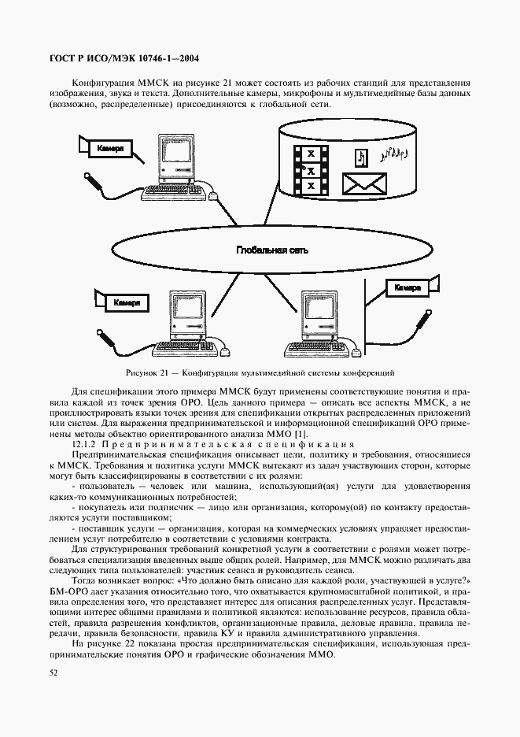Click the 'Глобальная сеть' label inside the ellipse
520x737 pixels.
point(272,250)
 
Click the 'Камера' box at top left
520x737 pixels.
point(110,148)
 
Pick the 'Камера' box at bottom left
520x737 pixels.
point(126,302)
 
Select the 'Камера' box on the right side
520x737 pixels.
point(407,288)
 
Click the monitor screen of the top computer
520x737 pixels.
point(173,150)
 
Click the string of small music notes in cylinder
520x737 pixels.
point(396,153)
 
